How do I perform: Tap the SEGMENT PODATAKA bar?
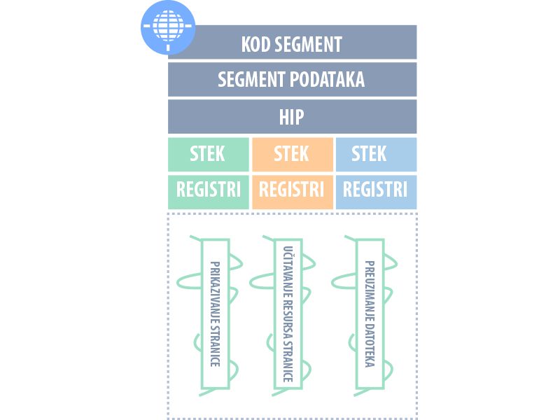[x=292, y=79]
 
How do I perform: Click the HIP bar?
[x=292, y=116]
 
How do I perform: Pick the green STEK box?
[x=208, y=154]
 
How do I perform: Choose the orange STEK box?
[x=292, y=154]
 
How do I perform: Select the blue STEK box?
[x=376, y=154]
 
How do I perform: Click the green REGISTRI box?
[x=208, y=191]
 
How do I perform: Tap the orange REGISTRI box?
[x=292, y=191]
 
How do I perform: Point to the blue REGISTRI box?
[x=376, y=191]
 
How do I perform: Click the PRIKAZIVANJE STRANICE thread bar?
[x=216, y=314]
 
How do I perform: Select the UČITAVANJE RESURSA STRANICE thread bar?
[x=287, y=314]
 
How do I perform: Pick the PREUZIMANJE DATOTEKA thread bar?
[x=370, y=314]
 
